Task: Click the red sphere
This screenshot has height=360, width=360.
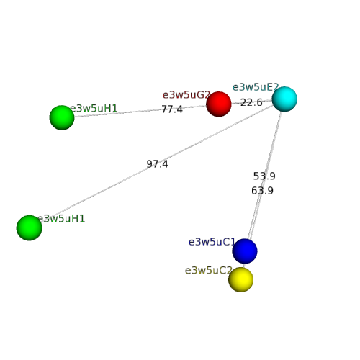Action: (219, 104)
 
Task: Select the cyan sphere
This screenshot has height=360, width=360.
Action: (284, 99)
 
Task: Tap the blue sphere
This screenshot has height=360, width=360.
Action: (245, 251)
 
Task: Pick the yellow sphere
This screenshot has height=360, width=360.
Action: (240, 279)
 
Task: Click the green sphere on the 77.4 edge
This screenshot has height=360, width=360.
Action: (62, 117)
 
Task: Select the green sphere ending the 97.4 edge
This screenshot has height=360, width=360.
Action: (30, 228)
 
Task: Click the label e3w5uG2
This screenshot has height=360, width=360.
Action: (186, 95)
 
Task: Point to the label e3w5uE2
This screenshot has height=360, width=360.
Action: (256, 87)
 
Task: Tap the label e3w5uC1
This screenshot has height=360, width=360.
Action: (212, 242)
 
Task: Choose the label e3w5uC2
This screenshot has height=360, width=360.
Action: (209, 271)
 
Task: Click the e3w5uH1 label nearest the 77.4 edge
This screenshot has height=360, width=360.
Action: (94, 109)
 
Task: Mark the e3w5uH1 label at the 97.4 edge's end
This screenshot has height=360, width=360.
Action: (61, 219)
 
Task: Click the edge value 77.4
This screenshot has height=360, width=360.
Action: (172, 109)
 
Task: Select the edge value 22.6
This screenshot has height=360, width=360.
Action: (251, 102)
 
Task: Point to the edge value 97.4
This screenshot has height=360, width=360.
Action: (157, 164)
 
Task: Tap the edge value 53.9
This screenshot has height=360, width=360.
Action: (264, 176)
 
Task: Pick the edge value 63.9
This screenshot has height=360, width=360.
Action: (262, 191)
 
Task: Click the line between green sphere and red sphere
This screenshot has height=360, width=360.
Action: (140, 111)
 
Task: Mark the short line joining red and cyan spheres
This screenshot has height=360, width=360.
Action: (251, 102)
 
